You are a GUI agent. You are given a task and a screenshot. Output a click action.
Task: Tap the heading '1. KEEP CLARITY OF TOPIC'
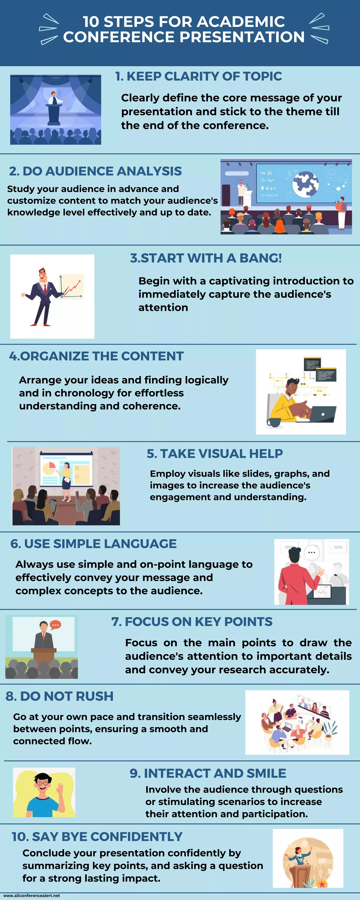click(198, 76)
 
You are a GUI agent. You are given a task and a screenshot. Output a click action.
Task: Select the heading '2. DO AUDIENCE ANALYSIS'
click(95, 171)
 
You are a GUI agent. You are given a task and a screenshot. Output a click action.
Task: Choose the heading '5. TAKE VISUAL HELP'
click(215, 454)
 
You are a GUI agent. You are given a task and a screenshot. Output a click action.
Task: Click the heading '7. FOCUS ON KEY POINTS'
click(192, 622)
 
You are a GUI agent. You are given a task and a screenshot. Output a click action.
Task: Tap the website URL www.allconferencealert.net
click(31, 895)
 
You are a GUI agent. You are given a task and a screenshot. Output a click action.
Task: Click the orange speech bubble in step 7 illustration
click(56, 624)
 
